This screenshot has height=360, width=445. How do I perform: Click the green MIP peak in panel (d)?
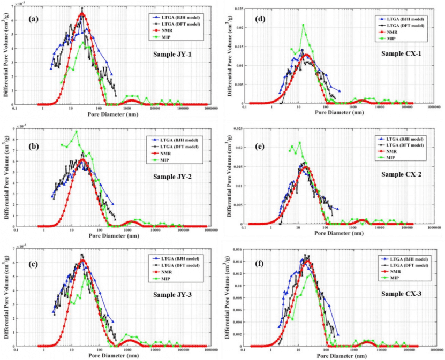303,25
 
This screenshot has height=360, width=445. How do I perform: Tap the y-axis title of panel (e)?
230,172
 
